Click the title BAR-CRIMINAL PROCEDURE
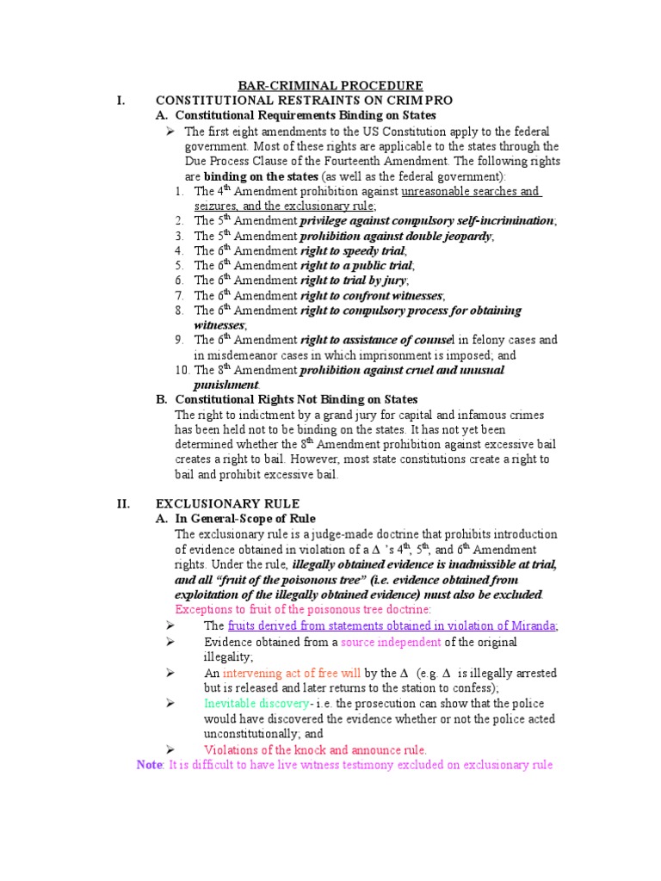[330, 85]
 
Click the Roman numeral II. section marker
[123, 504]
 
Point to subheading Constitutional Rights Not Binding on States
[296, 399]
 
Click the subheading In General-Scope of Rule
[245, 519]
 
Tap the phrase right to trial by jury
[354, 280]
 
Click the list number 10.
[182, 370]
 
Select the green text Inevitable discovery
[256, 703]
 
